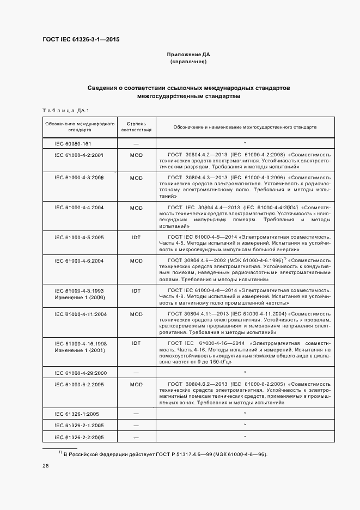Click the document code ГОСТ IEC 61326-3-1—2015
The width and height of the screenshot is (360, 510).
(x=81, y=40)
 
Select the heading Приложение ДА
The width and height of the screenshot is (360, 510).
(x=188, y=55)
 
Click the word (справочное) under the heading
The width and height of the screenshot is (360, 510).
(x=188, y=62)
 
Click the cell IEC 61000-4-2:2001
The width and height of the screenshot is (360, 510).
(x=80, y=155)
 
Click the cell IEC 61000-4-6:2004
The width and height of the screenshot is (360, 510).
(x=80, y=261)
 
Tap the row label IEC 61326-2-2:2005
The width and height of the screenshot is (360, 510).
(x=80, y=438)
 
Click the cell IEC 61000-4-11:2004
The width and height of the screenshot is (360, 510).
(x=81, y=314)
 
